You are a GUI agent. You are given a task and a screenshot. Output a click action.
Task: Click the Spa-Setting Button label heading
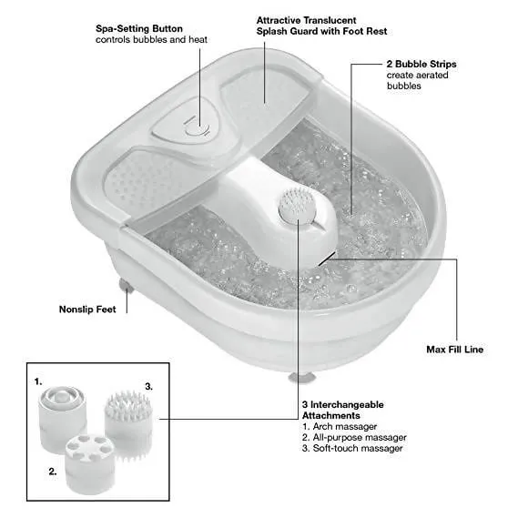pos(139,29)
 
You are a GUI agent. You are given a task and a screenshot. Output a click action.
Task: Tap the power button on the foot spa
pos(198,128)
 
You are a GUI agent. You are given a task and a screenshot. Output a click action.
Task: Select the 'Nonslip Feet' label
pos(87,310)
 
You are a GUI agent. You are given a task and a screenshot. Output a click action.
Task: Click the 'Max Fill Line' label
pos(454,350)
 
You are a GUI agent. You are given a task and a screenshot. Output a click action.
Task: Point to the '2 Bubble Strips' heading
pos(422,64)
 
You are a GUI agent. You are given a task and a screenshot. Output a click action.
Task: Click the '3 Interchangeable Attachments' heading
pos(343,410)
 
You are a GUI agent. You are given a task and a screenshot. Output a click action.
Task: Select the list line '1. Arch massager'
pos(340,426)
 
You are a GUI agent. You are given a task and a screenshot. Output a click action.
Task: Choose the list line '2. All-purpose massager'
pos(354,437)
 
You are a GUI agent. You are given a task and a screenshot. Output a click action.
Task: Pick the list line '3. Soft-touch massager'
pos(352,448)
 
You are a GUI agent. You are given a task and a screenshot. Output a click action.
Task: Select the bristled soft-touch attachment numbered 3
pos(128,426)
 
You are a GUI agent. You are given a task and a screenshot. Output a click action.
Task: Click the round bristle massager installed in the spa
pos(298,205)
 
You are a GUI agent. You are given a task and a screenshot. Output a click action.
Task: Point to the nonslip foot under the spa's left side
pos(126,286)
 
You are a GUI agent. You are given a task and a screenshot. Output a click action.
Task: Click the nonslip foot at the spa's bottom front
pos(302,378)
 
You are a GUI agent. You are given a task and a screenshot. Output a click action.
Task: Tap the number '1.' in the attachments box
pos(38,381)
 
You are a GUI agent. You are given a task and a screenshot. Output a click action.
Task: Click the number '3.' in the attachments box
pos(149,387)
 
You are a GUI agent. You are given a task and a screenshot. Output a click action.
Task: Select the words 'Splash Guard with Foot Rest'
pos(321,31)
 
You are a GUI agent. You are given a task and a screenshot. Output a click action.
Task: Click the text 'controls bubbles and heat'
pos(152,40)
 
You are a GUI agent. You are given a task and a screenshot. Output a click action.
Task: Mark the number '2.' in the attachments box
pos(53,472)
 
